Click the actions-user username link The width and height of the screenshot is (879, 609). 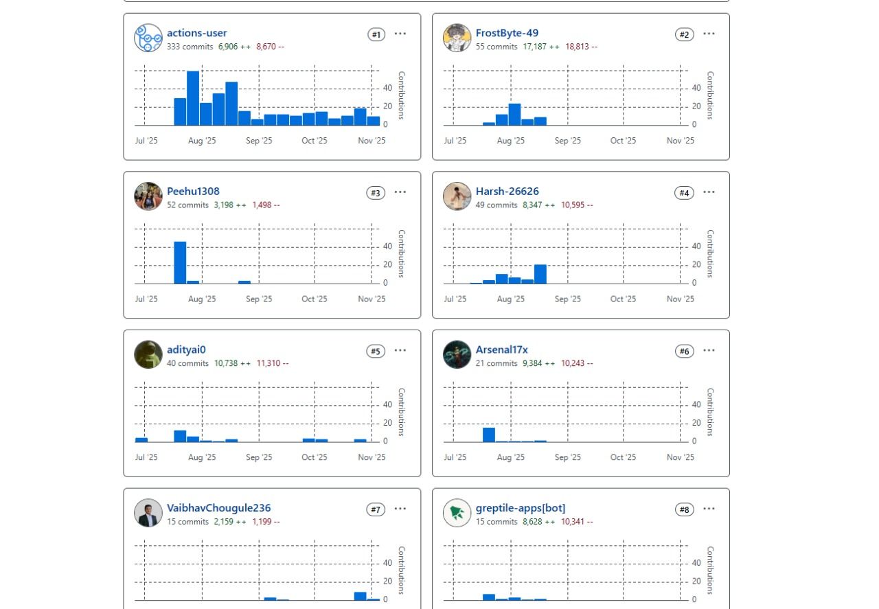[x=196, y=33]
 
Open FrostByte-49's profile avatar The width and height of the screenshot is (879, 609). [x=457, y=38]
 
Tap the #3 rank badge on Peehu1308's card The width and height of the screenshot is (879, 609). [x=376, y=193]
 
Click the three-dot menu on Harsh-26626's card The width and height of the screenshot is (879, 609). [x=709, y=192]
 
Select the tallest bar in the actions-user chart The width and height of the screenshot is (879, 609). [x=193, y=98]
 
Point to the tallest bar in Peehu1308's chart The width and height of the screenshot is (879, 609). [x=180, y=262]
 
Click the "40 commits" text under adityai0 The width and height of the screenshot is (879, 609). [x=187, y=363]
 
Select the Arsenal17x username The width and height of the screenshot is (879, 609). [x=501, y=349]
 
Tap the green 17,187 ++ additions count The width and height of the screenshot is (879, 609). [x=540, y=47]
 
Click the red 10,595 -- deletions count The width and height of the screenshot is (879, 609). [x=576, y=205]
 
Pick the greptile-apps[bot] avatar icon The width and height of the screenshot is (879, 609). [x=457, y=513]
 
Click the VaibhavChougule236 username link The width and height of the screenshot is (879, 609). [x=218, y=508]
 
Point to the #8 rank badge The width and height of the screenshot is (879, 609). [x=684, y=509]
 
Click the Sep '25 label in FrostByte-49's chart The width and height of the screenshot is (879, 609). [x=567, y=141]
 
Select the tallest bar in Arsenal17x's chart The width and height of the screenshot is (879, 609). [x=489, y=435]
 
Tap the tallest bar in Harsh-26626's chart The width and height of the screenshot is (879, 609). [x=540, y=274]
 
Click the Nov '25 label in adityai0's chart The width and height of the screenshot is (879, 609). [x=372, y=457]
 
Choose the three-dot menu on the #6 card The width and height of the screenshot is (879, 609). [x=709, y=350]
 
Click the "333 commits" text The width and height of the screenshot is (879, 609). [x=190, y=47]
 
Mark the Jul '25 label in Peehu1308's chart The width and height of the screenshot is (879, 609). [x=146, y=299]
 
